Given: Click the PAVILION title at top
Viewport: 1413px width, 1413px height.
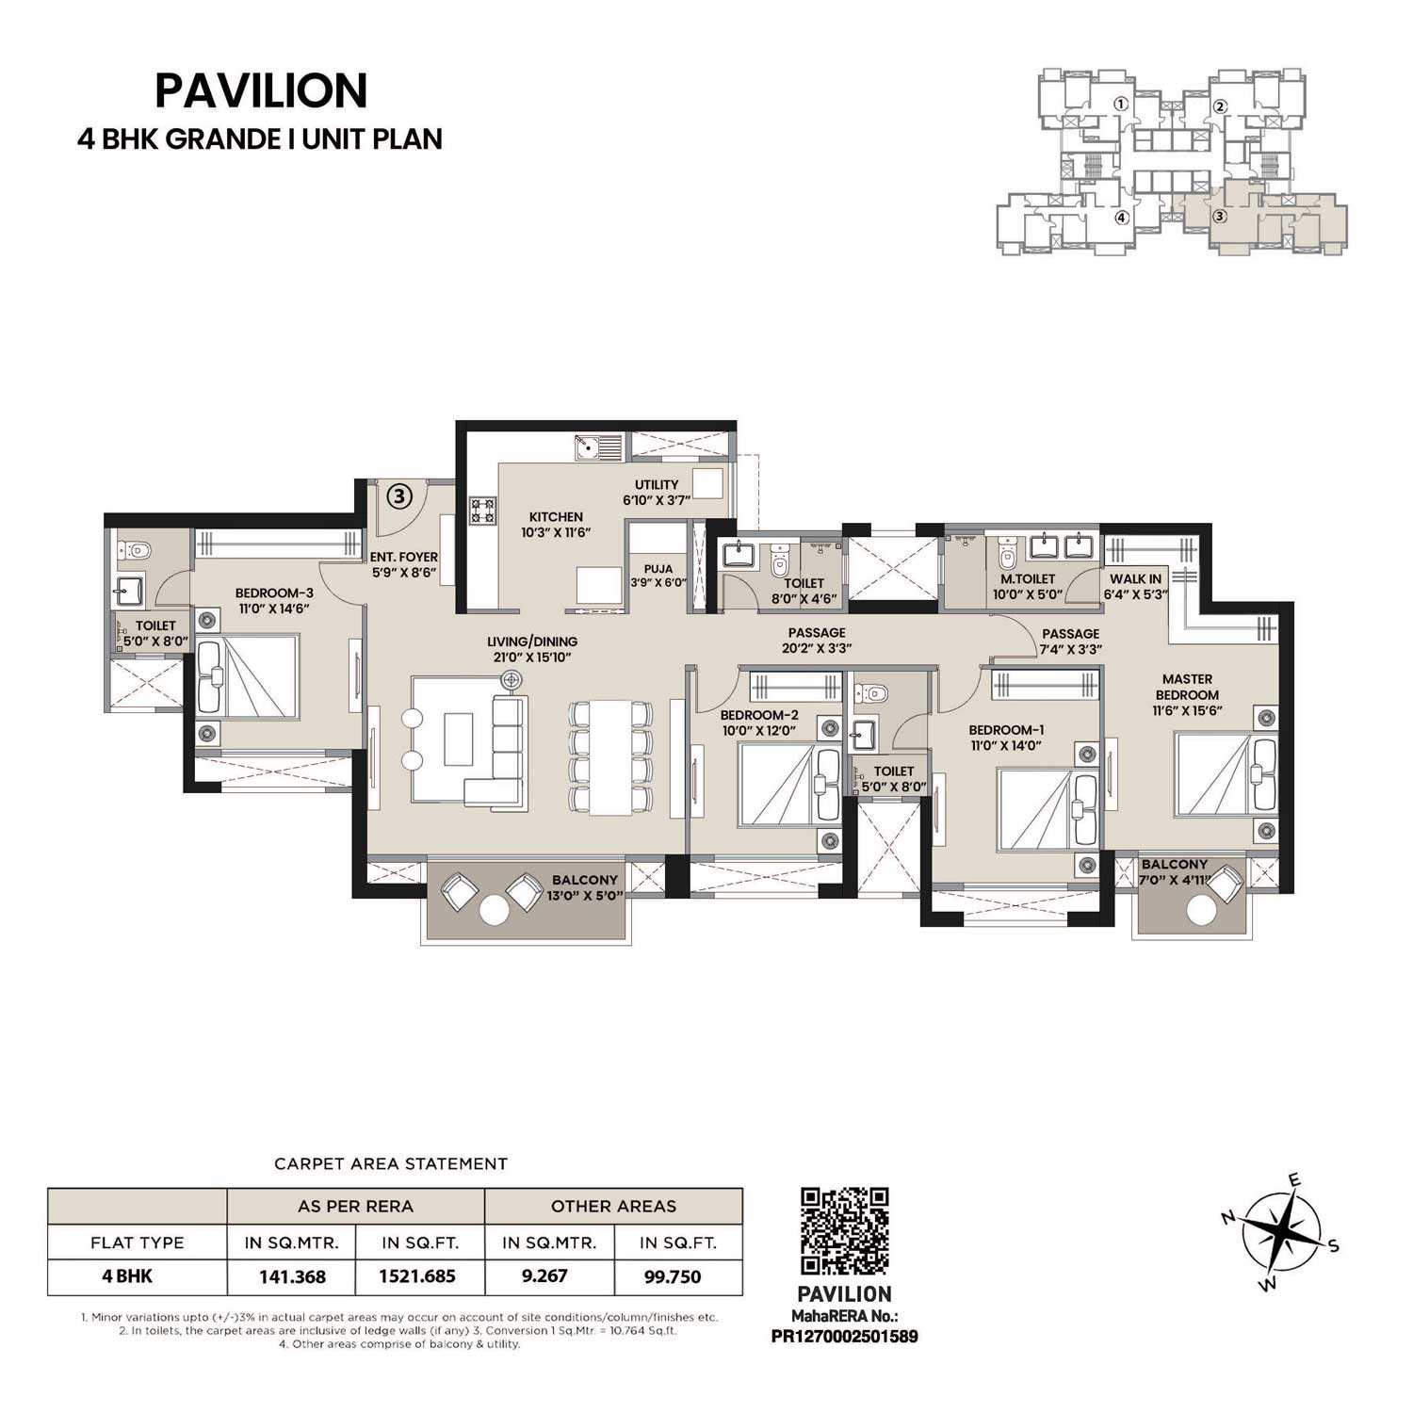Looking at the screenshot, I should [261, 91].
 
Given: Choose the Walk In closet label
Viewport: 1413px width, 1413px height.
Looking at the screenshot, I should [1135, 587].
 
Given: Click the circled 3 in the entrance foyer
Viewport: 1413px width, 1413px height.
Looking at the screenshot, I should [399, 496].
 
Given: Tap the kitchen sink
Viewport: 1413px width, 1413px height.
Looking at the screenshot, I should [597, 447].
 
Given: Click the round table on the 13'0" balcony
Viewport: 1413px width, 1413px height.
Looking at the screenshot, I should [495, 910].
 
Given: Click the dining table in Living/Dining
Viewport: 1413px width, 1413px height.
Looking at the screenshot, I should [611, 757].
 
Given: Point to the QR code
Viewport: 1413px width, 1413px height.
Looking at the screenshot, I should [844, 1232].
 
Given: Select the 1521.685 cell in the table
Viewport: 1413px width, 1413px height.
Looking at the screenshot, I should [417, 1277].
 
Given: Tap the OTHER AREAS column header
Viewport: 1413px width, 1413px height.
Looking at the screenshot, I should [613, 1206].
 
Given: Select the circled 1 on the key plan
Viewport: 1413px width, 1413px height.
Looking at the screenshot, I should [1120, 105].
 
